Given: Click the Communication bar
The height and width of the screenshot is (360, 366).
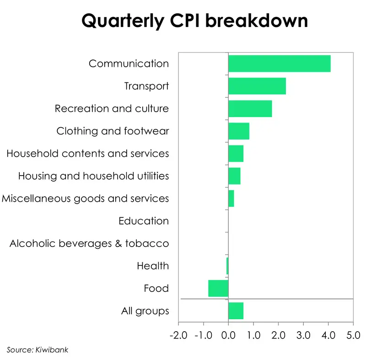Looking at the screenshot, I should tap(279, 63).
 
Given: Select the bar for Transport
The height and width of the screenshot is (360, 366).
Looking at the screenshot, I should tap(257, 86).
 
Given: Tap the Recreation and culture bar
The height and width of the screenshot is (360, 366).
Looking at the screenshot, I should tap(250, 108).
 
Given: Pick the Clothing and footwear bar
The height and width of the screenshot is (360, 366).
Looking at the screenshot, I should tap(238, 131).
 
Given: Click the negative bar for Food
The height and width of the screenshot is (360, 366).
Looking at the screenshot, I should tap(218, 289).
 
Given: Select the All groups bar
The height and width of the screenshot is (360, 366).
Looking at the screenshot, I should tap(236, 311).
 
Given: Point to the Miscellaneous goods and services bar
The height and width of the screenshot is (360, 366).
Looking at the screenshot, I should tap(231, 199).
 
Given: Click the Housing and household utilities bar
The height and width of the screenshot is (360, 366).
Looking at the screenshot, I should tap(234, 176).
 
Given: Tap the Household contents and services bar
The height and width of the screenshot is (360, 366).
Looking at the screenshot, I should tap(236, 154).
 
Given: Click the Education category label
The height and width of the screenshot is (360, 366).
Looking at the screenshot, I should tap(143, 221).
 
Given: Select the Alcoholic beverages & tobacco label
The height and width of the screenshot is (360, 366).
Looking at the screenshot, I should tap(89, 243).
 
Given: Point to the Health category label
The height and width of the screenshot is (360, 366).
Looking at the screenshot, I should tap(153, 266).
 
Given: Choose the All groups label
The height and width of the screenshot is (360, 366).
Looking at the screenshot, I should tap(145, 311).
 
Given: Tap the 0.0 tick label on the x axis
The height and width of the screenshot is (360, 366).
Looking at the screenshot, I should tap(228, 335).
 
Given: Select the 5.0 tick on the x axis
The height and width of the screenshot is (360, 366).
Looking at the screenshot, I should tap(353, 335).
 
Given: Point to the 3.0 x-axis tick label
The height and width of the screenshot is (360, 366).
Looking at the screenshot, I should tap(303, 335).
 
